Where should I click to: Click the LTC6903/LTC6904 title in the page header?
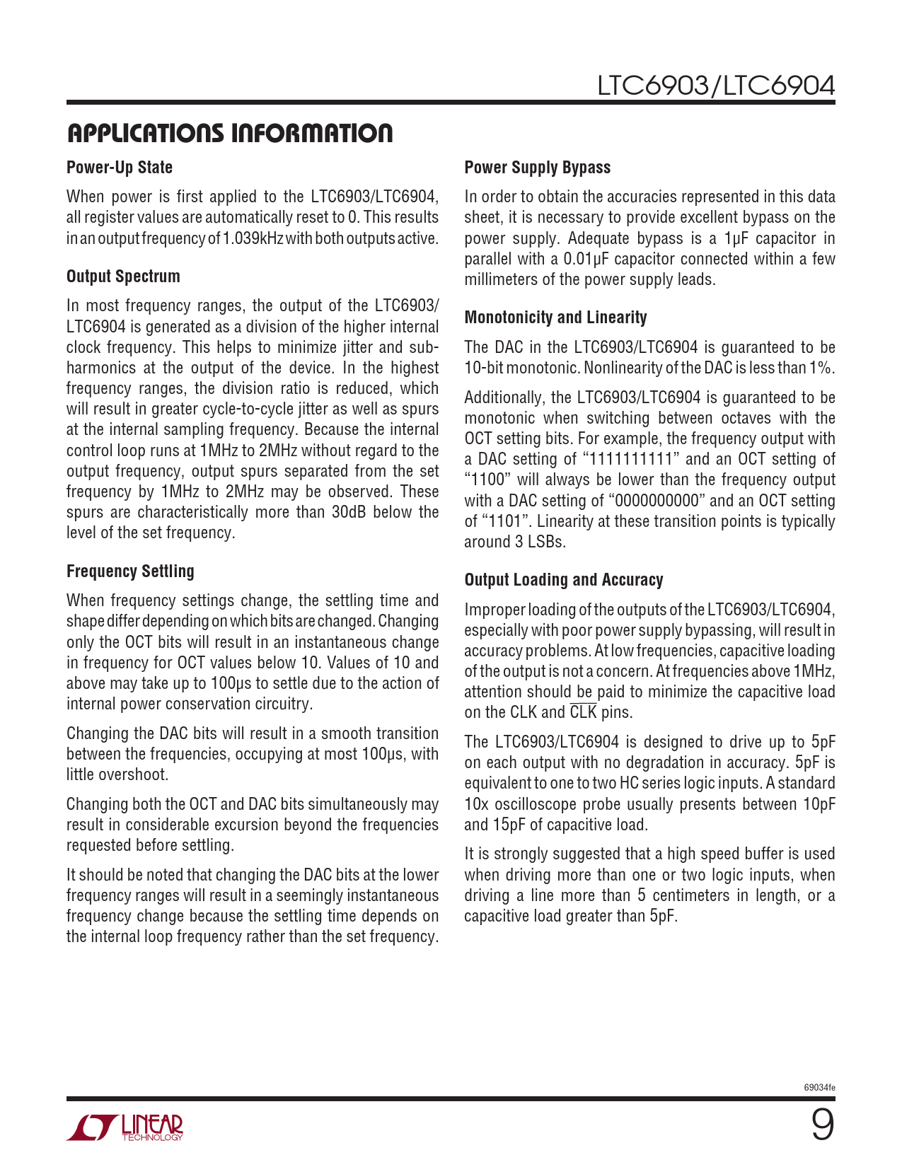tap(716, 86)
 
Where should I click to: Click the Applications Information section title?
tap(229, 133)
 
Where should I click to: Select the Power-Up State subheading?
tap(120, 168)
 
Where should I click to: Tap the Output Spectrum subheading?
tap(123, 277)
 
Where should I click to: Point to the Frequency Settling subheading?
tap(130, 571)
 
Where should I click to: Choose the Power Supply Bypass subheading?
tap(537, 168)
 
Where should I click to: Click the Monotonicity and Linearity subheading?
tap(555, 318)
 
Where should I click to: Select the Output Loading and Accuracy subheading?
tap(563, 580)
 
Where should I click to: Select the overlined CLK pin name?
tap(583, 712)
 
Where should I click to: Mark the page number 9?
tap(822, 1125)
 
